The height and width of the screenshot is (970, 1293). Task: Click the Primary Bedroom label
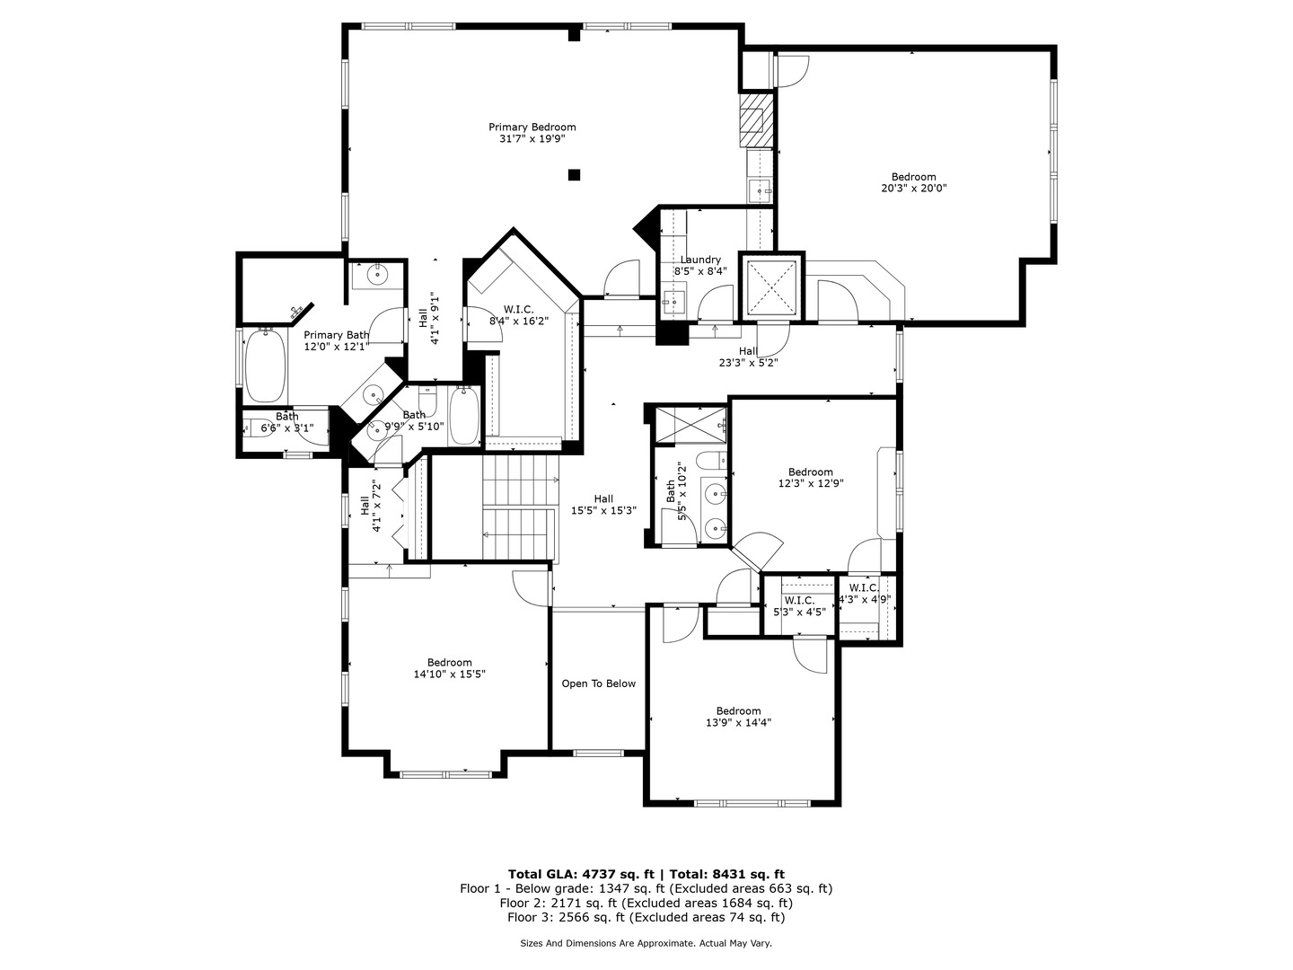(532, 128)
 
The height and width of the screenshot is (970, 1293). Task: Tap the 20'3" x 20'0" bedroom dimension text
(913, 189)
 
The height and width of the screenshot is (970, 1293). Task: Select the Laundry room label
(700, 260)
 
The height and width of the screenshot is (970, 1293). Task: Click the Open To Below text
(598, 683)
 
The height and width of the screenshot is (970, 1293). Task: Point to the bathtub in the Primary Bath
(265, 366)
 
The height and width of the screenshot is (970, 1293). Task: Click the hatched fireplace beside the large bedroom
(755, 120)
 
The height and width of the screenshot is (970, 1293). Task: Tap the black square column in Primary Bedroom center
(575, 175)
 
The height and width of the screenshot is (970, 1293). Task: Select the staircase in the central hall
(519, 507)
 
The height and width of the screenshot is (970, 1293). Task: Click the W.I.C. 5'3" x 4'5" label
(799, 606)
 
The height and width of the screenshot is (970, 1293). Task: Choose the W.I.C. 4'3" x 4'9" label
(864, 594)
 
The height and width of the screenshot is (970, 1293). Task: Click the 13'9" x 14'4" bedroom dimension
(738, 722)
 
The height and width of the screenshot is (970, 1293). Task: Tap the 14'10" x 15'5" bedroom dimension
(449, 674)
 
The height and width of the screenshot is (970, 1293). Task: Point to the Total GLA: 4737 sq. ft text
(583, 873)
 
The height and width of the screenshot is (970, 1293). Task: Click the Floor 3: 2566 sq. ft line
(646, 917)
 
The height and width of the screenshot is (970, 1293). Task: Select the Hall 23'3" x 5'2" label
(748, 357)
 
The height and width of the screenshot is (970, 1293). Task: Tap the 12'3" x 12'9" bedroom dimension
(810, 483)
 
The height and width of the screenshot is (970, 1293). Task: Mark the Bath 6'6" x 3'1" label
(286, 422)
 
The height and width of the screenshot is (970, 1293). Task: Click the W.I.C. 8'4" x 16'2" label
(518, 314)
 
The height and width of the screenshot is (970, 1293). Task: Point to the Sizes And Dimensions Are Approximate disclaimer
(646, 943)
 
